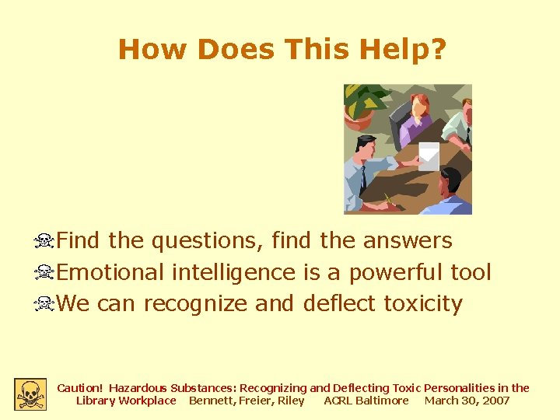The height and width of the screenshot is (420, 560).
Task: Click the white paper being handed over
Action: (429, 155)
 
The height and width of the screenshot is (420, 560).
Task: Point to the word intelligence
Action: (233, 272)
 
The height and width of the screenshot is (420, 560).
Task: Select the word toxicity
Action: (423, 303)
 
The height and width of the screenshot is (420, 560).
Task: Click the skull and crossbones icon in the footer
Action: (30, 394)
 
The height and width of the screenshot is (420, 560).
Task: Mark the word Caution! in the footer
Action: (80, 387)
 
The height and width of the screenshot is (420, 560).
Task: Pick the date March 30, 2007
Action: (467, 401)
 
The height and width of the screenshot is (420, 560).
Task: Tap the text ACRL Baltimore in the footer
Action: (366, 401)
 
